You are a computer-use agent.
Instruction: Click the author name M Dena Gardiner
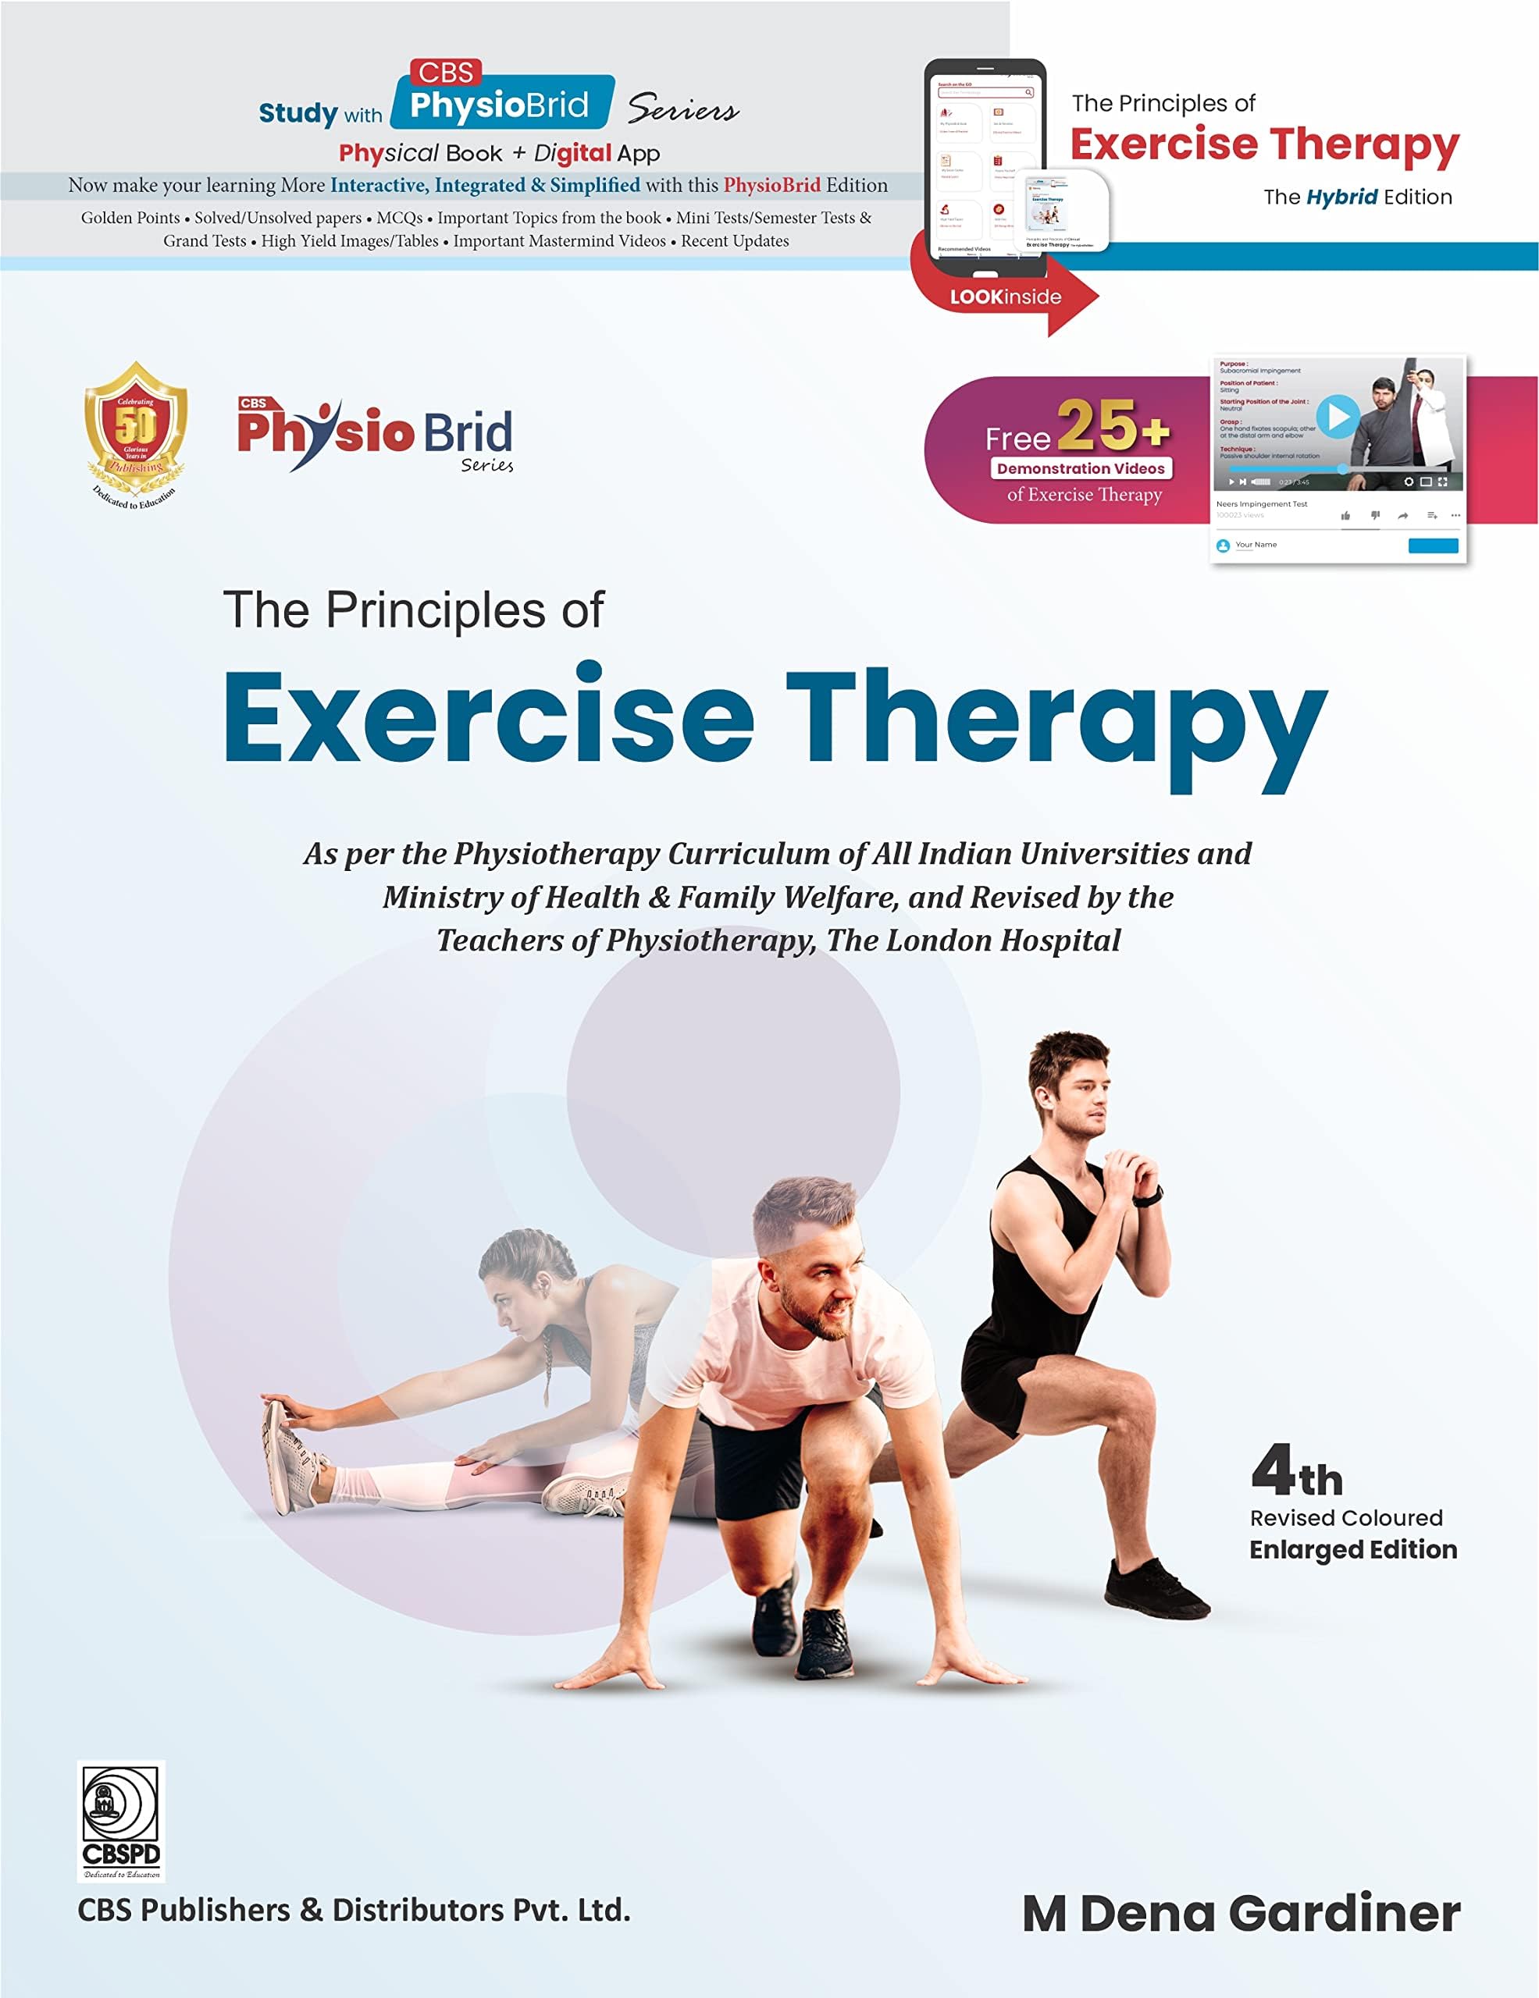point(1241,1913)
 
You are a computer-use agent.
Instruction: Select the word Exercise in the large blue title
point(489,718)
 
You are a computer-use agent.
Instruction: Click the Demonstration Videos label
point(1081,468)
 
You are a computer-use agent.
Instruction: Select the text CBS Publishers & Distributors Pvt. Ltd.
point(354,1909)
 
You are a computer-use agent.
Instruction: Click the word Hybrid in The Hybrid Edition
point(1341,197)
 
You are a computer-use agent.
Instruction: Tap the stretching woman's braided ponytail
point(547,1354)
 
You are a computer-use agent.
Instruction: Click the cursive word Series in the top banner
point(682,111)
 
